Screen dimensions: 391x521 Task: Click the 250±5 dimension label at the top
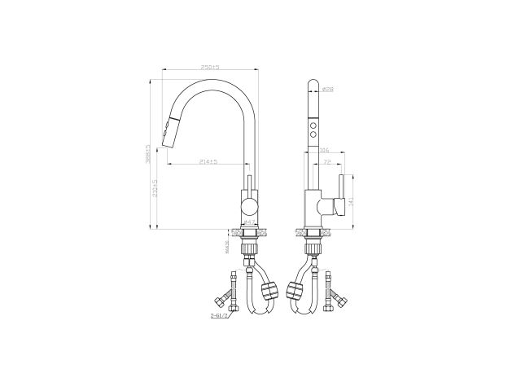click(211, 66)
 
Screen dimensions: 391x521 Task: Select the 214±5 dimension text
click(208, 162)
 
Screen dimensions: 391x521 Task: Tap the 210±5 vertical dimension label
click(155, 193)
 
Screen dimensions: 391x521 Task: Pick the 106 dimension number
click(323, 150)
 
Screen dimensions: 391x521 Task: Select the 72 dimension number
click(328, 162)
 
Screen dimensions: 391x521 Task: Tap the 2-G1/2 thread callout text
click(218, 315)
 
